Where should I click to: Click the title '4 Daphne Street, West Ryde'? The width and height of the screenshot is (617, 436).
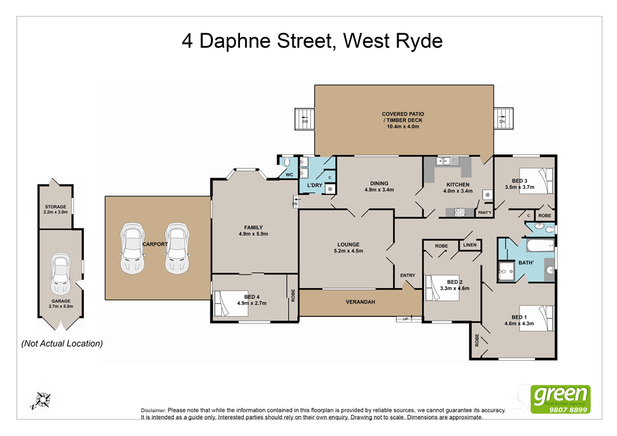(312, 41)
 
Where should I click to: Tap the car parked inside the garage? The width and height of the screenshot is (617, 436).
(61, 275)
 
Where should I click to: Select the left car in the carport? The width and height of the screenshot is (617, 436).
(132, 248)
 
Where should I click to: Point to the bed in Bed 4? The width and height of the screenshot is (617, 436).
(227, 304)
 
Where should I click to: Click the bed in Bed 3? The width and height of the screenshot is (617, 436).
(536, 181)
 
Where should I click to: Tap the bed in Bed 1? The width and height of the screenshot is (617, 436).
(535, 319)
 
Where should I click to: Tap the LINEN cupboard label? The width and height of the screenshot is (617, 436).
(469, 245)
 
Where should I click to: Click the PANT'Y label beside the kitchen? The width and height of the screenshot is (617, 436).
(485, 213)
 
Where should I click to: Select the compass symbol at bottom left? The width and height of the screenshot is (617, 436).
(42, 400)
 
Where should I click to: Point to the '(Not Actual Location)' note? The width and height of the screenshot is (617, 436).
(62, 343)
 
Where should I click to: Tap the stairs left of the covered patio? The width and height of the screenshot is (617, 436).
(305, 117)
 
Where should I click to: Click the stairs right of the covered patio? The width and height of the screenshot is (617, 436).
(503, 117)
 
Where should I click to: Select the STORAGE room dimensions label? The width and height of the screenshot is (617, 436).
(56, 212)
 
